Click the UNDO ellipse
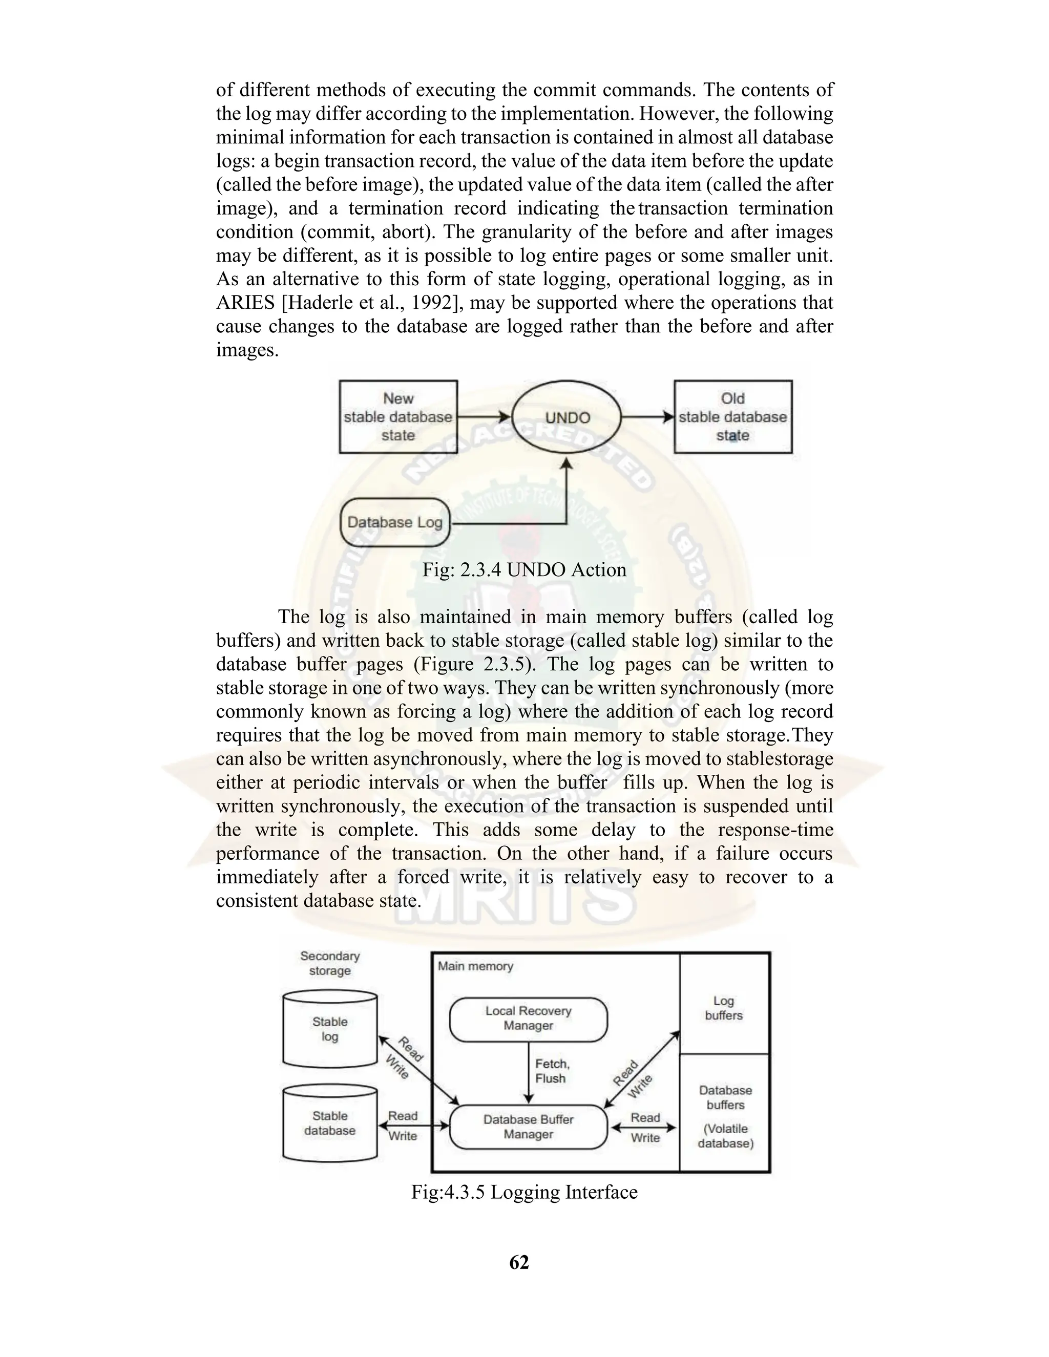pyautogui.click(x=567, y=417)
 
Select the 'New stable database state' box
pyautogui.click(x=398, y=417)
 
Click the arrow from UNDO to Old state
pyautogui.click(x=647, y=417)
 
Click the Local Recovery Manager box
pyautogui.click(x=528, y=1019)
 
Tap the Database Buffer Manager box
pyautogui.click(x=528, y=1127)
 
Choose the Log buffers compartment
pyautogui.click(x=724, y=1008)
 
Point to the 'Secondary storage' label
pyautogui.click(x=330, y=963)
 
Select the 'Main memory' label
pyautogui.click(x=475, y=966)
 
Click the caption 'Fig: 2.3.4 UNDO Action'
pyautogui.click(x=524, y=570)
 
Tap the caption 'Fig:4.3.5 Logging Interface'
pyautogui.click(x=524, y=1192)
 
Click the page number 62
pyautogui.click(x=519, y=1262)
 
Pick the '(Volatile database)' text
pyautogui.click(x=725, y=1136)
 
